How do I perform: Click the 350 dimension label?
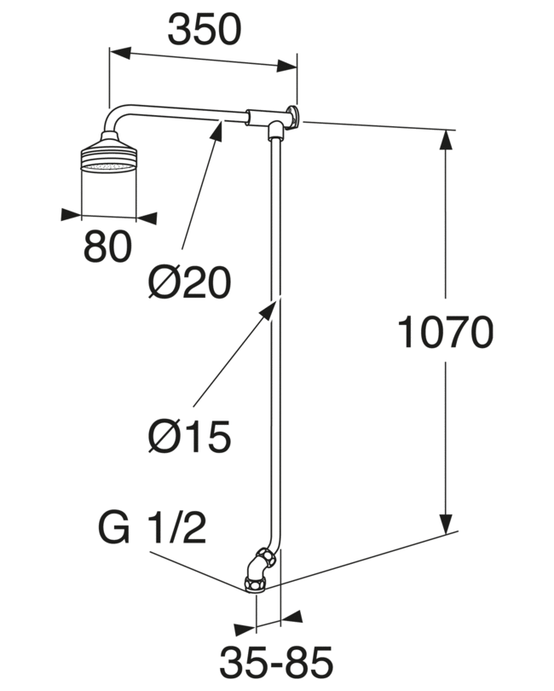pos(205,29)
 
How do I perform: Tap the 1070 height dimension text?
pos(445,332)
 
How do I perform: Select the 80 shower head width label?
pos(107,246)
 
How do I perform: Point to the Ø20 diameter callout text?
pos(189,282)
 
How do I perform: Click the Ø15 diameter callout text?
pos(189,436)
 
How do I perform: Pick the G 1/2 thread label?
pos(153,527)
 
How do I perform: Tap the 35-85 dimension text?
pos(276,662)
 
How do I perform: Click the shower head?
pos(109,151)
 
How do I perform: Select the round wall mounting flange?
pos(293,115)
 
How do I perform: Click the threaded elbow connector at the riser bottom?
pos(260,569)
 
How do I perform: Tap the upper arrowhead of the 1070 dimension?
pos(446,142)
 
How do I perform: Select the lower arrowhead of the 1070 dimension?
pos(447,523)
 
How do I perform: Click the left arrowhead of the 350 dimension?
pos(121,51)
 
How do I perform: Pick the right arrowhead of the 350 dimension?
pos(286,67)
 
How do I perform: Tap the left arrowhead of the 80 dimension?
pos(72,214)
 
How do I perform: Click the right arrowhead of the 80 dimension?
pos(147,218)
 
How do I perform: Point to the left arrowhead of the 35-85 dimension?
pos(245,630)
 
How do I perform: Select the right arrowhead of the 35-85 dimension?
pos(291,617)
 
